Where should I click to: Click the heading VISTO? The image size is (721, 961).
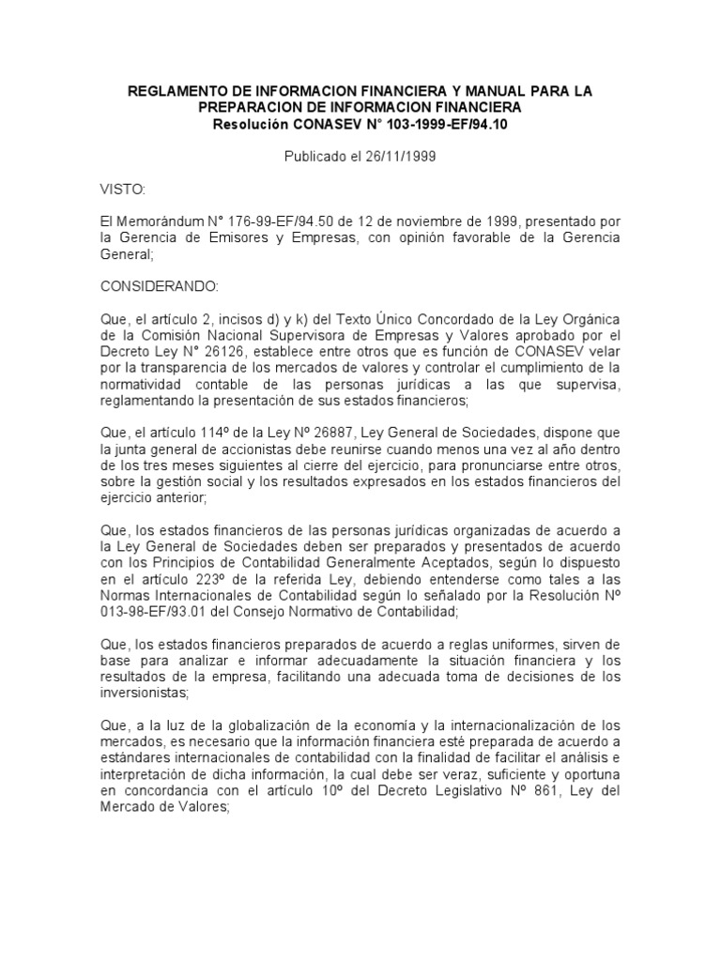[x=123, y=190]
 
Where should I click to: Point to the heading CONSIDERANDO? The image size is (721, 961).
[x=159, y=285]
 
